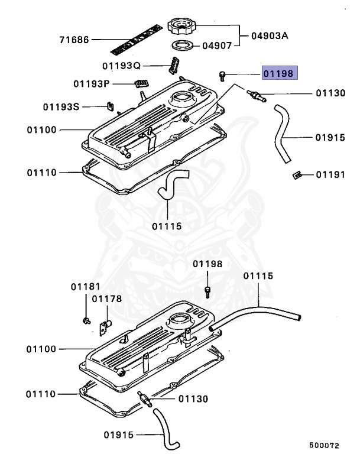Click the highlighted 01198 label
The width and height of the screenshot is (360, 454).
coord(281,73)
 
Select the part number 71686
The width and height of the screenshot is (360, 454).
coord(74,40)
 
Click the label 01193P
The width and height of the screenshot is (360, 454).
coord(92,84)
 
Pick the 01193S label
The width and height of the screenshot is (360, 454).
coord(61,107)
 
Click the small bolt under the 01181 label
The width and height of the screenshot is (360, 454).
coord(86,320)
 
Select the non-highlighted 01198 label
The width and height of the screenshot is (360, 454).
coord(207,264)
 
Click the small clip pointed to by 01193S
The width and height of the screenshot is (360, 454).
coord(109,106)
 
